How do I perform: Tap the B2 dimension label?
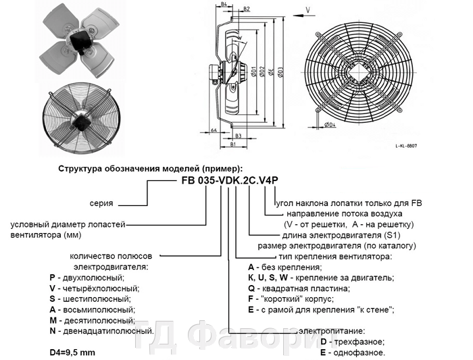pos(247,9)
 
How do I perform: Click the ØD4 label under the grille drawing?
pos(330,126)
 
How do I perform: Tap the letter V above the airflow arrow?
pos(308,9)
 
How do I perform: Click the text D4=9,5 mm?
pos(75,353)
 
